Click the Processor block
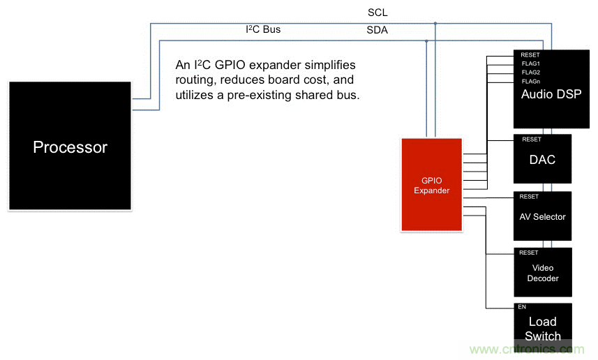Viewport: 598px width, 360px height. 70,147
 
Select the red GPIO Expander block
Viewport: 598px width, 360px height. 431,185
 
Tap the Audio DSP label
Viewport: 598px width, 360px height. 551,95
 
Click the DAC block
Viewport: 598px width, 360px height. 543,160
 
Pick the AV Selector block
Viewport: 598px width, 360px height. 543,216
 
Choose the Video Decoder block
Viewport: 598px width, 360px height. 543,273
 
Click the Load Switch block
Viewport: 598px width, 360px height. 543,328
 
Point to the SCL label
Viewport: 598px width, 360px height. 378,13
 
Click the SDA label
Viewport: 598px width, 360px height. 378,30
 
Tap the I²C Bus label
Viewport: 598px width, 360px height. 263,30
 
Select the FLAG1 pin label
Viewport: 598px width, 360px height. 530,63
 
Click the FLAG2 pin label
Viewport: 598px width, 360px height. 530,73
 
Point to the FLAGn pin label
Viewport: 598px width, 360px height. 530,82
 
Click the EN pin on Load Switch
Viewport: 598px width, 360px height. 522,307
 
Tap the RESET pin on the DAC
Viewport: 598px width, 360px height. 530,140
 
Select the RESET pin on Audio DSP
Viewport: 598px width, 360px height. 530,55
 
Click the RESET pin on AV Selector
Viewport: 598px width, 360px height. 529,197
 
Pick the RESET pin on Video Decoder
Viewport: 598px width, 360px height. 529,253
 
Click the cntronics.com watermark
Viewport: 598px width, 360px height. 523,349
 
